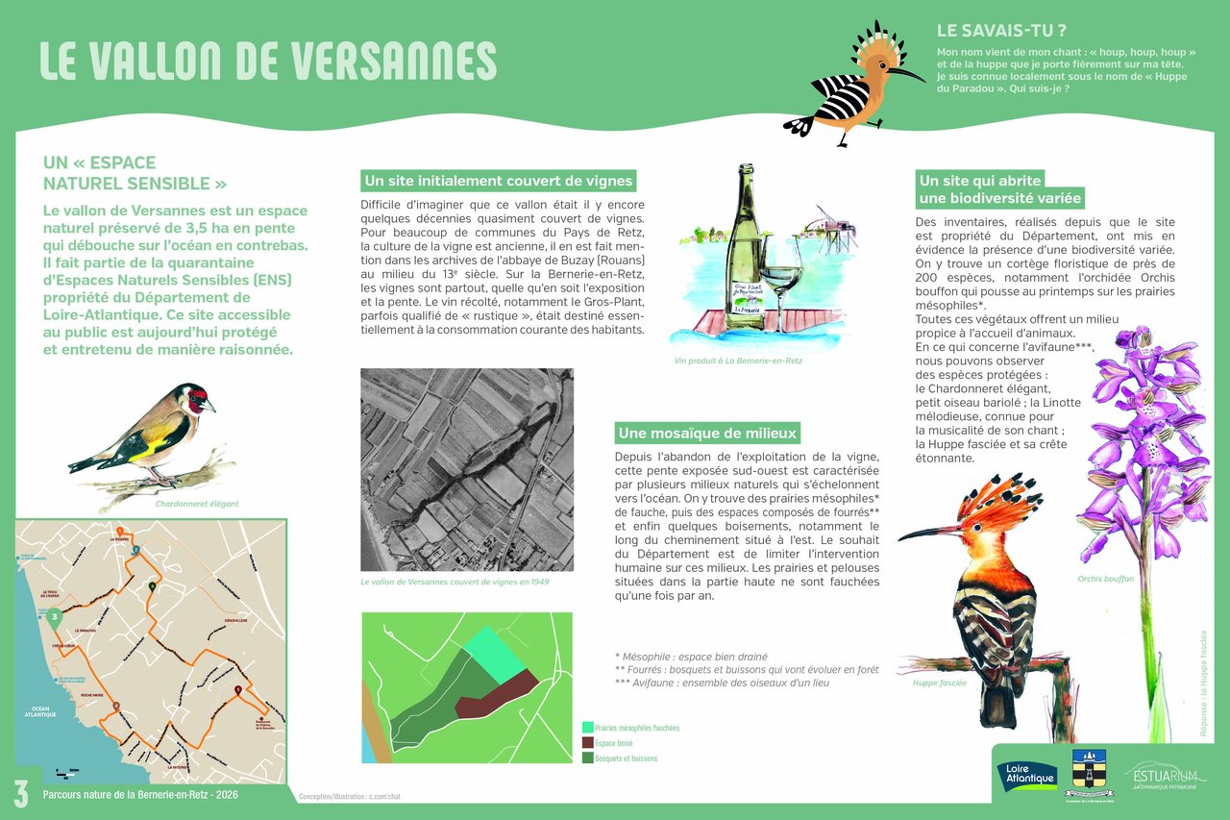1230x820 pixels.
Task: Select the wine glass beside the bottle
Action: coord(781,284)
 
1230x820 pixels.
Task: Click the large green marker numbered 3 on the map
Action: coord(56,617)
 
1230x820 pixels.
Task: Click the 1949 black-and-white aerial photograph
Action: coord(467,469)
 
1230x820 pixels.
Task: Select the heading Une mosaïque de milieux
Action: coord(708,433)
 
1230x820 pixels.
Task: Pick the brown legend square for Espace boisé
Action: coord(587,743)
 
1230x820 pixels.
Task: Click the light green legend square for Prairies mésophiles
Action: coord(587,728)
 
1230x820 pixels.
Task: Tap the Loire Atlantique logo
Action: coord(1027,776)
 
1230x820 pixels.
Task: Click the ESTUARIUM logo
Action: coord(1165,777)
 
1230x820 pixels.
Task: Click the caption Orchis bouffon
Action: coord(1105,579)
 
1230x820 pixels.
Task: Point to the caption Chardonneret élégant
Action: coord(197,504)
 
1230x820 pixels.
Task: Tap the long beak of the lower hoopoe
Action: coord(926,531)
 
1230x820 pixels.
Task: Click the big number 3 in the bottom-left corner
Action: coord(20,793)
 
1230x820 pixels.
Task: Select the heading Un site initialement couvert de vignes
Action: coord(499,181)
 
